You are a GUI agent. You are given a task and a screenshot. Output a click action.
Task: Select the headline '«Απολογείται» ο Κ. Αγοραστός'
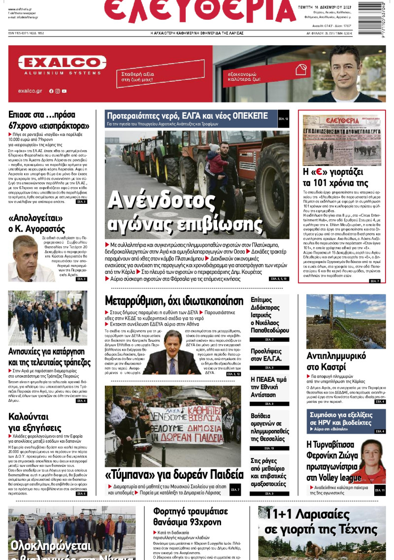(37, 223)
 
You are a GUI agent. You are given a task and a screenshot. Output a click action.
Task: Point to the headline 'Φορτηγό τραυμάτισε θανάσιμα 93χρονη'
(187, 517)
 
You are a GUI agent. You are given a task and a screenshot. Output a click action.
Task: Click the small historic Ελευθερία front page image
(341, 139)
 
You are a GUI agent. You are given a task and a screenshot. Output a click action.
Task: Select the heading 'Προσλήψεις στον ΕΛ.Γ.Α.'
(266, 355)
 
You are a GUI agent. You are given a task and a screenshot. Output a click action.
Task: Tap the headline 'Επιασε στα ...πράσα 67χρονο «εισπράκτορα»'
(48, 120)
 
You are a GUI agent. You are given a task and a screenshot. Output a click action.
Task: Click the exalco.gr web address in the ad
(30, 91)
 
